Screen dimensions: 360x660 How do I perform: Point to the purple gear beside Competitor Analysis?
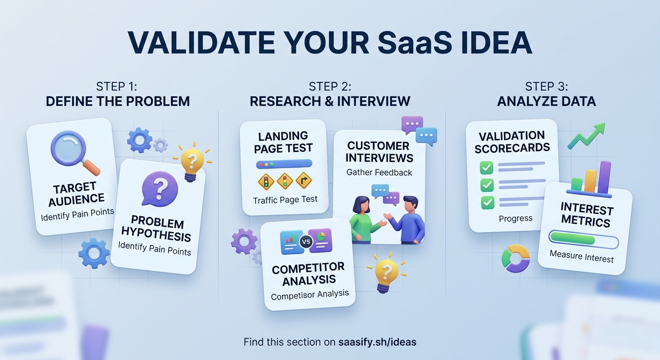(244, 241)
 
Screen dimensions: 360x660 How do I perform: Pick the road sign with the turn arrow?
(304, 180)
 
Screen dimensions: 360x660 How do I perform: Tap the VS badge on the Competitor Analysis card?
(306, 242)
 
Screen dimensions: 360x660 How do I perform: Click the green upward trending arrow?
(586, 135)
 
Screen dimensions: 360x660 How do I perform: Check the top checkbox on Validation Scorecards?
(487, 167)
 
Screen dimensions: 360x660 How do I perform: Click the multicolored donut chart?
(516, 258)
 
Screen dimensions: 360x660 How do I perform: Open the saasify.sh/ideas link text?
(377, 342)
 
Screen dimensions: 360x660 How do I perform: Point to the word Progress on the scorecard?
(516, 218)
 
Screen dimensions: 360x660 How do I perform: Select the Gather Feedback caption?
(379, 172)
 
